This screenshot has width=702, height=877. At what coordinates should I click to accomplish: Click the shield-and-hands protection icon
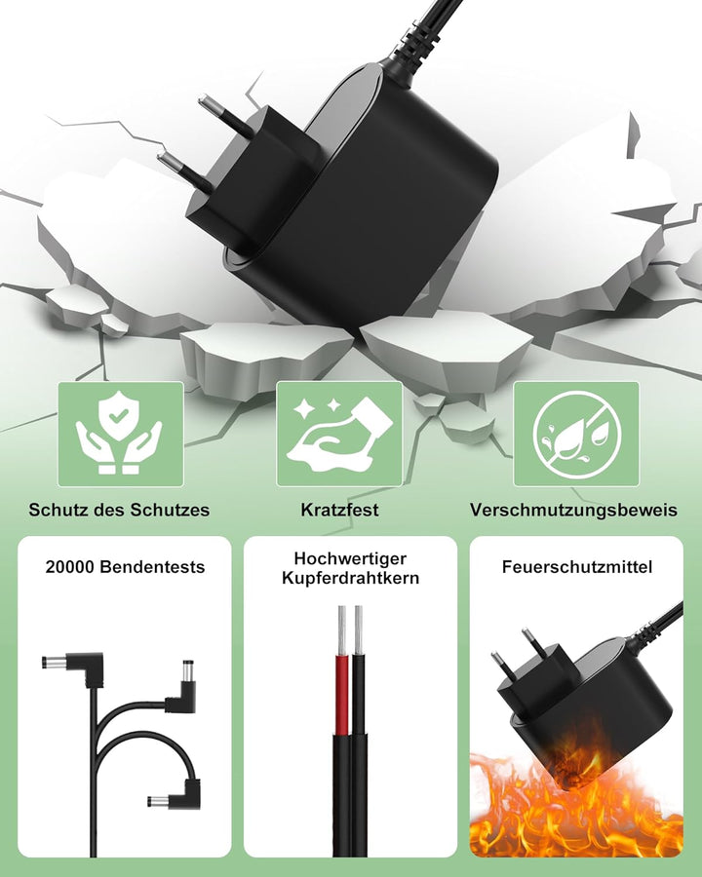(120, 434)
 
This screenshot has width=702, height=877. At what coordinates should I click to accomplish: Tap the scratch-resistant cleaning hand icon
(338, 434)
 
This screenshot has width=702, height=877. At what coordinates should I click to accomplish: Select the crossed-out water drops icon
(576, 434)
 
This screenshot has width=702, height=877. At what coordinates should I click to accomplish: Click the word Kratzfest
(339, 510)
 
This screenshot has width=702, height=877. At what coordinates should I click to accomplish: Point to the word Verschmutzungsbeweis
(573, 510)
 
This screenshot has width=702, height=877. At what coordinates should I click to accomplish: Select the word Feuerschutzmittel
(576, 566)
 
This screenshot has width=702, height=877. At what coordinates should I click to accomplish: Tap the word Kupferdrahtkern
(350, 578)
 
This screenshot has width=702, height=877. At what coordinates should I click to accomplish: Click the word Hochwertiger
(350, 558)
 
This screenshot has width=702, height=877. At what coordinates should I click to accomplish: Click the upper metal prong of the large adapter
(225, 115)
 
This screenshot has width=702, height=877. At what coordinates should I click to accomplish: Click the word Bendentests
(152, 566)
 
